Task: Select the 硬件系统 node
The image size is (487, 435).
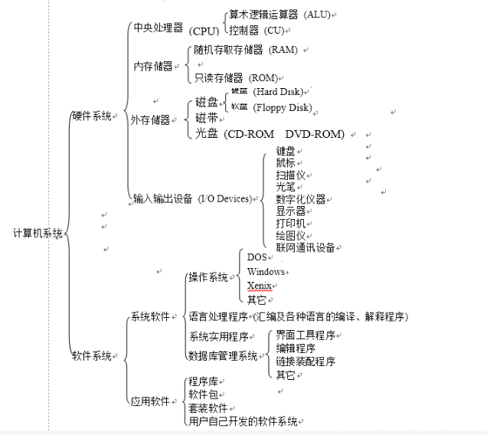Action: (91, 116)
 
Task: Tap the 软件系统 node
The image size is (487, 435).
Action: (91, 355)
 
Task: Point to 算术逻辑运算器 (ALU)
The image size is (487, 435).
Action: (279, 15)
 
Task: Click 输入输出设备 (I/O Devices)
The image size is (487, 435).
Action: (192, 199)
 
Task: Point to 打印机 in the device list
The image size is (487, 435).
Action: (290, 223)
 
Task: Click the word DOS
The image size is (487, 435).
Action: (257, 257)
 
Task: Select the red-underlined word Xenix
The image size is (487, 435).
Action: (259, 286)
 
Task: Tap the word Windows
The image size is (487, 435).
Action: (266, 272)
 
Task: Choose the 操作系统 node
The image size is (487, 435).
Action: (208, 277)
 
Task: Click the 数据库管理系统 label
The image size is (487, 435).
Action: (223, 355)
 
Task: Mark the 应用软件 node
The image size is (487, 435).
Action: (149, 401)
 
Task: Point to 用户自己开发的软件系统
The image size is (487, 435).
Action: (243, 421)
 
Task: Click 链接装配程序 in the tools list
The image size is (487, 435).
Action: (306, 361)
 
